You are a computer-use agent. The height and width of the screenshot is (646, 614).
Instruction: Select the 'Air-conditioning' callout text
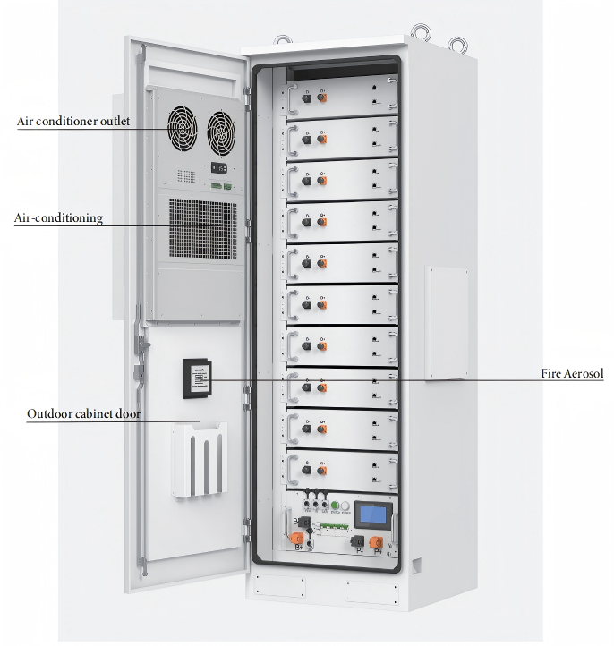point(58,217)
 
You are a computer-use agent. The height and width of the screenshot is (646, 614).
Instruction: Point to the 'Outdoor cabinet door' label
point(83,414)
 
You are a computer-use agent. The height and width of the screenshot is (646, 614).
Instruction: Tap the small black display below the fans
point(218,167)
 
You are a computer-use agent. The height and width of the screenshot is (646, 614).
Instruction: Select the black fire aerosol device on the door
point(196,378)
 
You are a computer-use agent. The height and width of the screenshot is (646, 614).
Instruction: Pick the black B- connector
point(303,522)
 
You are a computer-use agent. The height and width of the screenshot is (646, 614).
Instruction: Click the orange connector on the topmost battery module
point(322,98)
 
